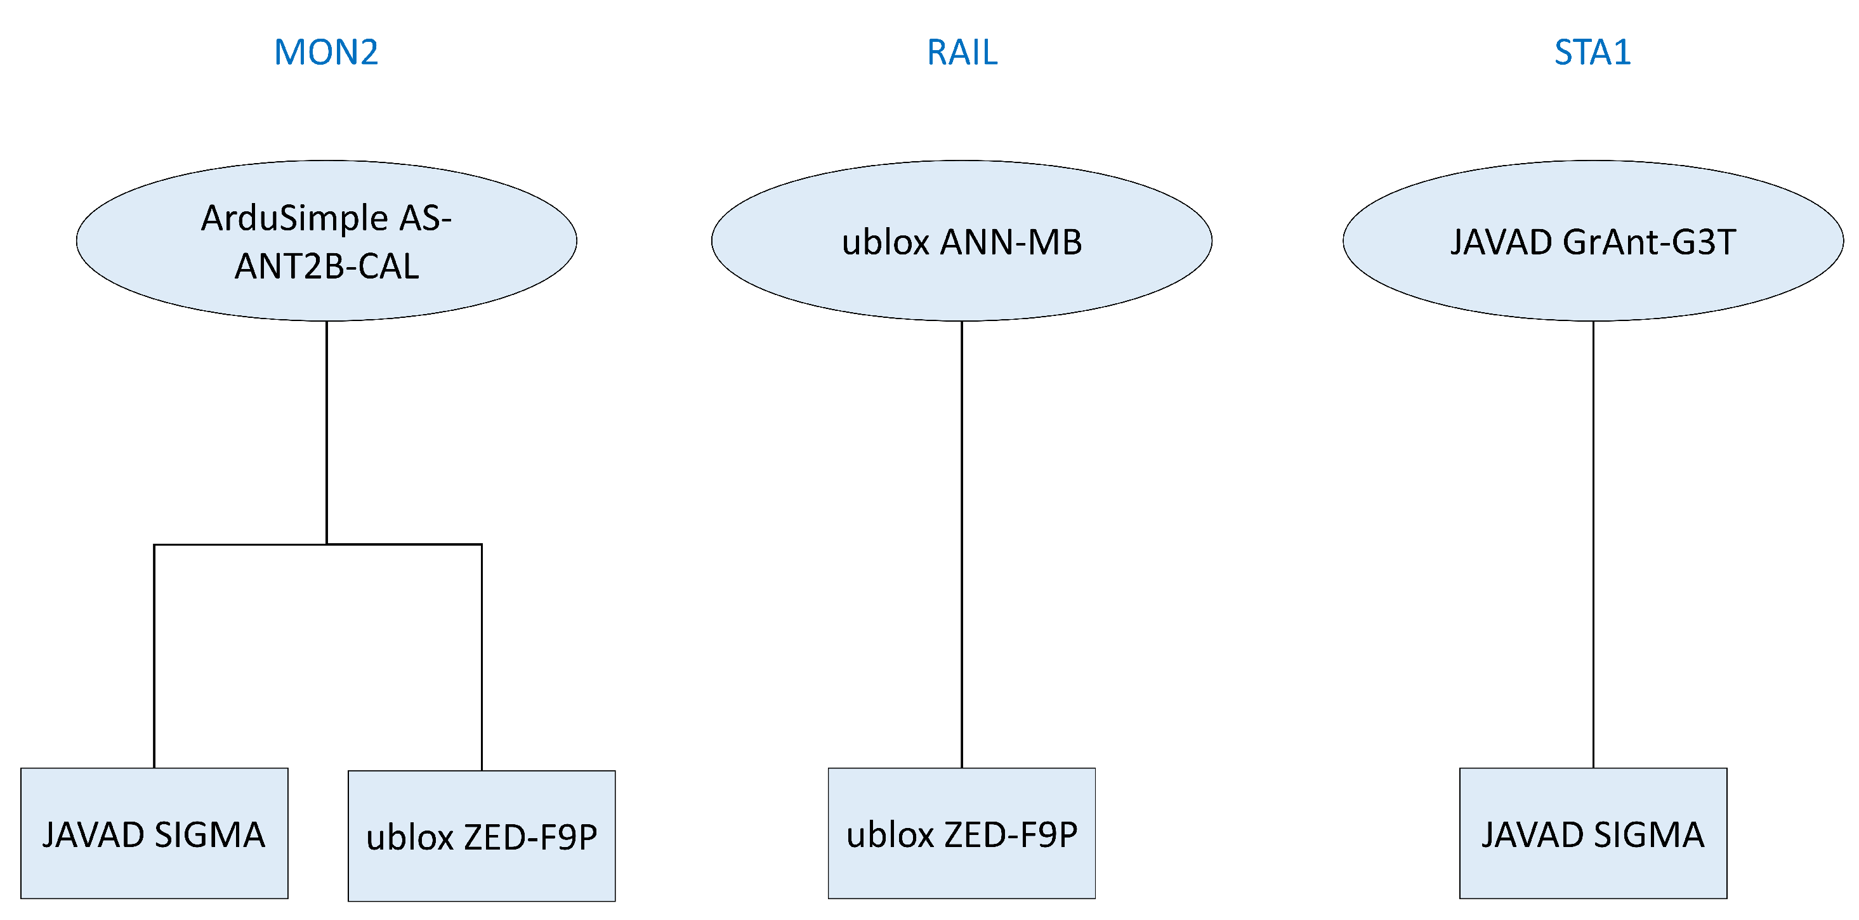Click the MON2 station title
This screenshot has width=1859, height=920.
[x=326, y=52]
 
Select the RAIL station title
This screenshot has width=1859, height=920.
[x=962, y=52]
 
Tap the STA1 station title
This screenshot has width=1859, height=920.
[x=1593, y=52]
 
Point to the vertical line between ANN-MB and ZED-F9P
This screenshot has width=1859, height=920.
[x=962, y=541]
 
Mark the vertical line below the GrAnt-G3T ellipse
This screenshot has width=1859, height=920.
[x=1593, y=541]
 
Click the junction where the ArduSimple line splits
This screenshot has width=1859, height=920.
[x=327, y=544]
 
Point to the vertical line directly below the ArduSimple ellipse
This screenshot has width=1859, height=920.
[x=327, y=433]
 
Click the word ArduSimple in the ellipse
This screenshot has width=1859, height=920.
[x=294, y=218]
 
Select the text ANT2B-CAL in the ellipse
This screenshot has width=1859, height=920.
[x=326, y=266]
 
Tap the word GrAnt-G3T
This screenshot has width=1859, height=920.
[x=1649, y=242]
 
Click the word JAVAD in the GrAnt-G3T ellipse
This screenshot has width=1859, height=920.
[x=1501, y=242]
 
